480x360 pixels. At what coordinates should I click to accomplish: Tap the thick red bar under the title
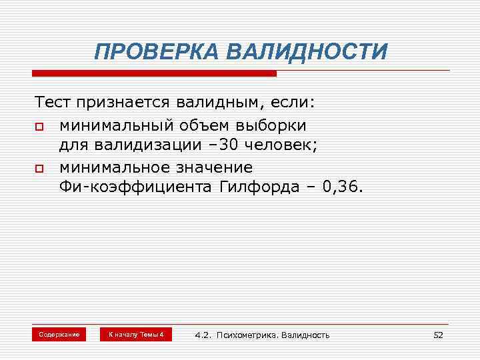click(x=154, y=73)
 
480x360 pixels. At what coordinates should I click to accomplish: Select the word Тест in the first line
click(x=53, y=104)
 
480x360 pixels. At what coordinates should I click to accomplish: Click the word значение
click(x=213, y=166)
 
